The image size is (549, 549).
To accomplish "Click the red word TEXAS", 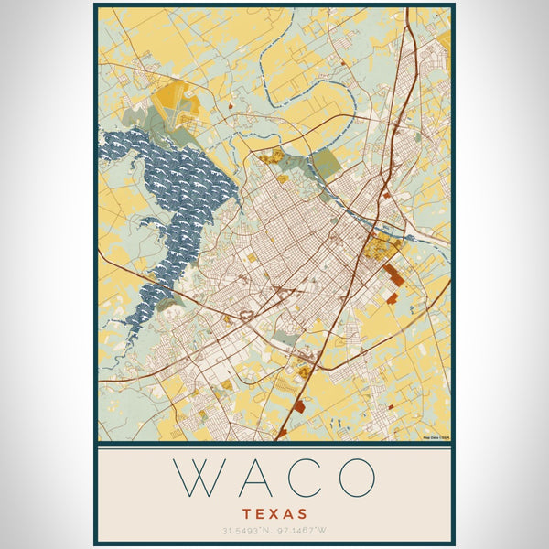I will (275, 514).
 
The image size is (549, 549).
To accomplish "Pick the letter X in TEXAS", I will (275, 514).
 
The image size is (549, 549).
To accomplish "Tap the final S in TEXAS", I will (303, 514).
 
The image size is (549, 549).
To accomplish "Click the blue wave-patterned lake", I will (174, 183).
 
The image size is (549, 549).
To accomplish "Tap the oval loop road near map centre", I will (245, 315).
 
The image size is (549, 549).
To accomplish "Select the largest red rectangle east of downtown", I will (393, 274).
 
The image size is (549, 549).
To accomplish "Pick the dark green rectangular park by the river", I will (325, 165).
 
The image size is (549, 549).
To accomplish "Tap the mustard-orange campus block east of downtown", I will (377, 247).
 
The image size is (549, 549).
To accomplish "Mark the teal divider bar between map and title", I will (274, 446).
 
